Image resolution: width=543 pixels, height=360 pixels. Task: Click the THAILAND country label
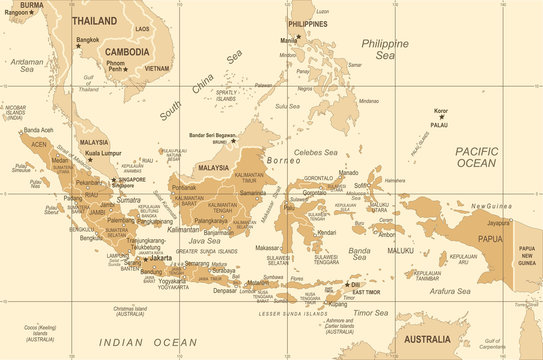click(93, 20)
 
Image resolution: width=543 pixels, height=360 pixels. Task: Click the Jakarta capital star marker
click(144, 258)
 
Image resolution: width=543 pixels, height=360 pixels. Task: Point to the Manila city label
click(288, 40)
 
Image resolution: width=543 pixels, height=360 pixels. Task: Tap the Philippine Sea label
click(384, 50)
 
